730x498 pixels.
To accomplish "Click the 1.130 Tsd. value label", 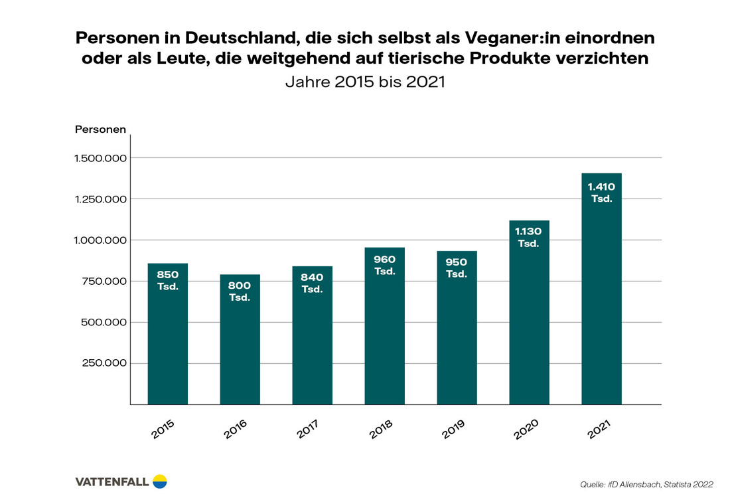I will point(529,237).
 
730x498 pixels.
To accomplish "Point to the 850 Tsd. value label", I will point(167,280).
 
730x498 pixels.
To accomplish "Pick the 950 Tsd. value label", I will point(457,268).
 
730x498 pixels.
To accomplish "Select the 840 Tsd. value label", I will point(312,283).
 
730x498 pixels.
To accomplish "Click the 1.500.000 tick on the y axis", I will point(100,158).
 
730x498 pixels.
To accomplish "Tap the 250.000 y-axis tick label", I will point(104,363).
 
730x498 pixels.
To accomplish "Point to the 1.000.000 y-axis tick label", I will point(100,240).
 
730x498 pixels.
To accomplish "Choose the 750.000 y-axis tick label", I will point(104,282).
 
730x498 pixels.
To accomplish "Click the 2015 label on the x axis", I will point(164,428).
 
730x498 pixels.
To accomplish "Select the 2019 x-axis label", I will point(453,428).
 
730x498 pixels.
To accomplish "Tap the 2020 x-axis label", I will point(526,428).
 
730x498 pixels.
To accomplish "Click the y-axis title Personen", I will point(100,129).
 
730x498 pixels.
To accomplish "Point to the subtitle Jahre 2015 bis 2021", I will point(364,82).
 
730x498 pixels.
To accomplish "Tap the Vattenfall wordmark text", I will point(112,481).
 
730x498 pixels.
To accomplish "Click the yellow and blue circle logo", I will point(160,481).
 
